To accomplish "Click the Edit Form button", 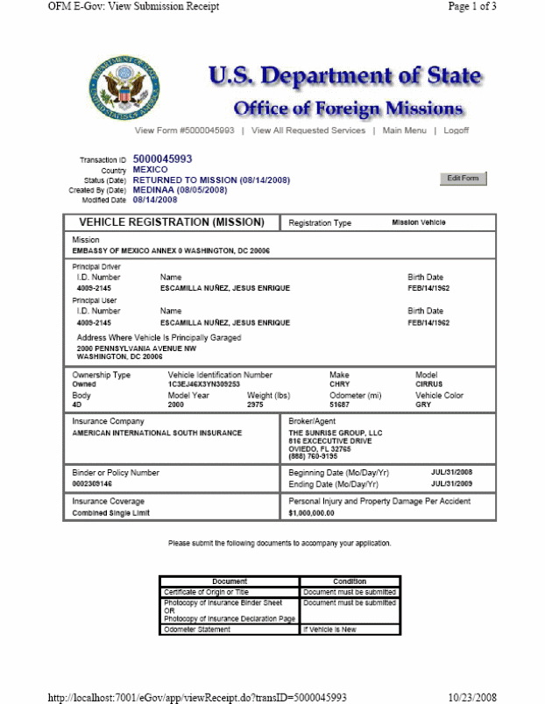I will point(463,179).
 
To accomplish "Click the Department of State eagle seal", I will point(124,88).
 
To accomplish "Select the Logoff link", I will point(457,130).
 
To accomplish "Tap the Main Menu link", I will point(405,130).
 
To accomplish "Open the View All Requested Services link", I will point(308,130).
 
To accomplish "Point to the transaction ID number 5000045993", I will point(162,159).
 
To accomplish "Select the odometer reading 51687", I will point(338,405).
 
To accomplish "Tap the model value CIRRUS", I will point(428,384).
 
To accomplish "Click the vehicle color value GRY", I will point(422,405).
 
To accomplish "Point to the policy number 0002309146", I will point(92,483).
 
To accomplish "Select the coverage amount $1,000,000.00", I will point(313,513).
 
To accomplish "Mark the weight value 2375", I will point(255,405).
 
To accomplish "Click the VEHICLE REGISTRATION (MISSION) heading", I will point(166,222).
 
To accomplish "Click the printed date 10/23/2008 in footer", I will point(472,697).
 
